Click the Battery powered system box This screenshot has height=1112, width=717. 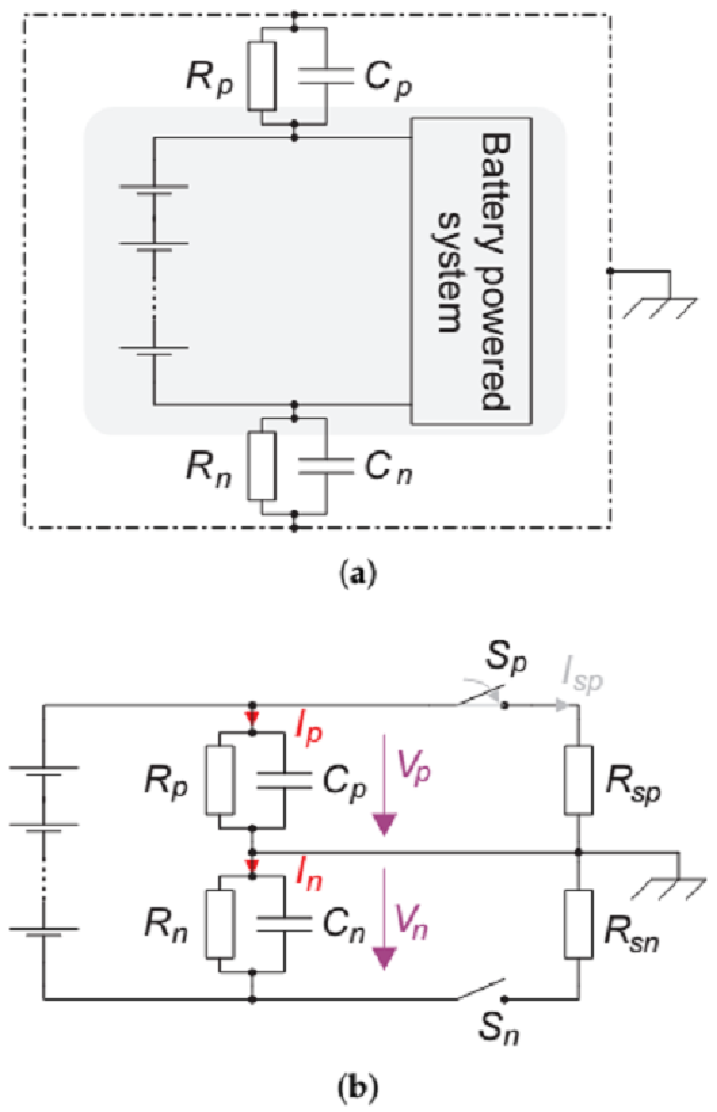pyautogui.click(x=471, y=271)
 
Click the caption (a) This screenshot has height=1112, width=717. pyautogui.click(x=357, y=576)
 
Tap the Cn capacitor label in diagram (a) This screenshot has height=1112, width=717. pyautogui.click(x=388, y=468)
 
